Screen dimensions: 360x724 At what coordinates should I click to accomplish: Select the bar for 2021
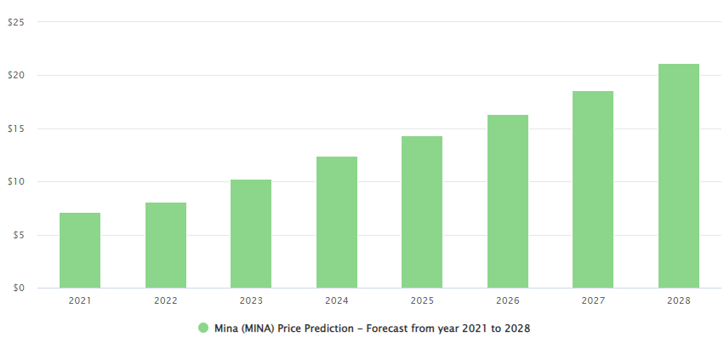80,250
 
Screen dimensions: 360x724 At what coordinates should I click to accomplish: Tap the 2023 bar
251,234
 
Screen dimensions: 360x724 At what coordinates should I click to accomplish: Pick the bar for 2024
337,222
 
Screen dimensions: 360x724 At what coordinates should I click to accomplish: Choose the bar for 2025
422,212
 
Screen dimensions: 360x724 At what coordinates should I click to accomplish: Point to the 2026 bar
508,202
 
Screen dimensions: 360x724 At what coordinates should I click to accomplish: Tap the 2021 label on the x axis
80,300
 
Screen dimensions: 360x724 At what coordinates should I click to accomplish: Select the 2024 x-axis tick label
337,300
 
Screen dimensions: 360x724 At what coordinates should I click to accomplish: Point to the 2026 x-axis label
508,300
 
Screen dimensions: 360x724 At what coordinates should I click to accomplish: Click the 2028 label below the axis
679,300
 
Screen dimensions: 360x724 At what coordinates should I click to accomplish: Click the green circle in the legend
203,328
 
